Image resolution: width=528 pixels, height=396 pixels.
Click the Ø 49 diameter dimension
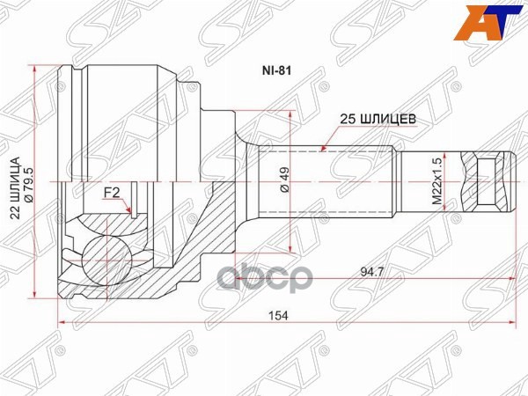click(283, 183)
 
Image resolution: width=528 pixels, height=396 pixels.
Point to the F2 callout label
click(112, 192)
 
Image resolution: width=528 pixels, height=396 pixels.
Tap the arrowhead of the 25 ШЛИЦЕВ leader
click(323, 149)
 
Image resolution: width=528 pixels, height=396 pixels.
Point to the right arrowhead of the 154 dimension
click(513, 326)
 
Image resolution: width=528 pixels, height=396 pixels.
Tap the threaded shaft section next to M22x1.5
click(426, 181)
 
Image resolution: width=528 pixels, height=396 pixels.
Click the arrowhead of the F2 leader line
click(131, 214)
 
